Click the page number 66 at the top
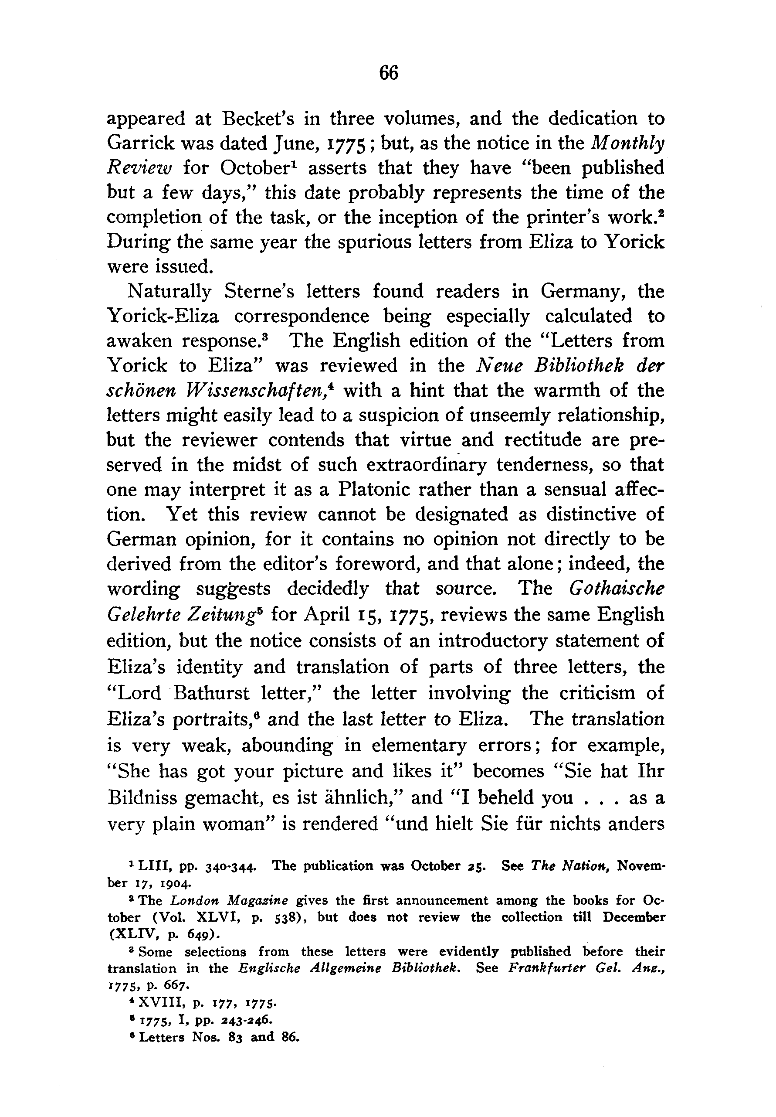389,73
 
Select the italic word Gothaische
616,589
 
